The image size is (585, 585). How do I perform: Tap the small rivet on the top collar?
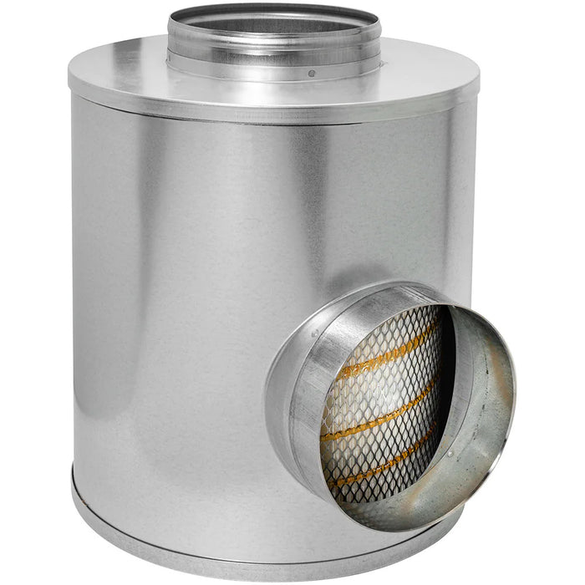pos(312,74)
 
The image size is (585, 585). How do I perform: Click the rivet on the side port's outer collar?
pos(315,333)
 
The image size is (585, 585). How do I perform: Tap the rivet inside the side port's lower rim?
pos(449,454)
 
